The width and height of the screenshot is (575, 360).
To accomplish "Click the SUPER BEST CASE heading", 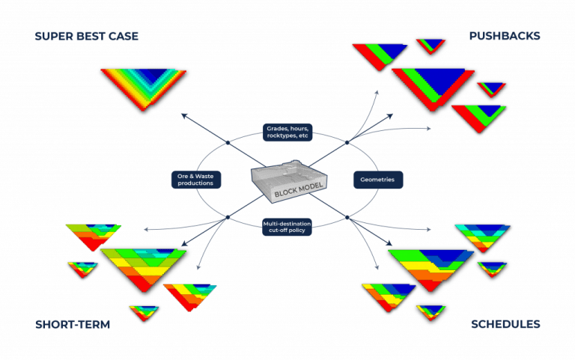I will [x=86, y=36].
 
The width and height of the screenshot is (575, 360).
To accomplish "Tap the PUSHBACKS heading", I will [x=505, y=36].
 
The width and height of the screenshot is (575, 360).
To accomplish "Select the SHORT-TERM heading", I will [x=73, y=324].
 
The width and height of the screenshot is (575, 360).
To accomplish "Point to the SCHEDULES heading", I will [x=505, y=324].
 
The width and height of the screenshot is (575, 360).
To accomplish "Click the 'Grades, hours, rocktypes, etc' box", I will [x=287, y=132].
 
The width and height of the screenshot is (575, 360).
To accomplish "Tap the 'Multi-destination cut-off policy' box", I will [x=287, y=226].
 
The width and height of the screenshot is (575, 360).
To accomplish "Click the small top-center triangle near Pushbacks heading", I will [x=431, y=46].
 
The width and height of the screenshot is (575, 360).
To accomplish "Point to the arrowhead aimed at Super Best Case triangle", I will [x=183, y=115].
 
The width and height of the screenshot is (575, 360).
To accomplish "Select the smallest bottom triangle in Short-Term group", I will [x=143, y=311].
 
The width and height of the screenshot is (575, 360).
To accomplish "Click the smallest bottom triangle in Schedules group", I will [x=431, y=311].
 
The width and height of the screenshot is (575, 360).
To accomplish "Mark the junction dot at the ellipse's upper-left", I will [x=228, y=141].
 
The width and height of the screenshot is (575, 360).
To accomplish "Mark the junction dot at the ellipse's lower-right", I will [x=347, y=218].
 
